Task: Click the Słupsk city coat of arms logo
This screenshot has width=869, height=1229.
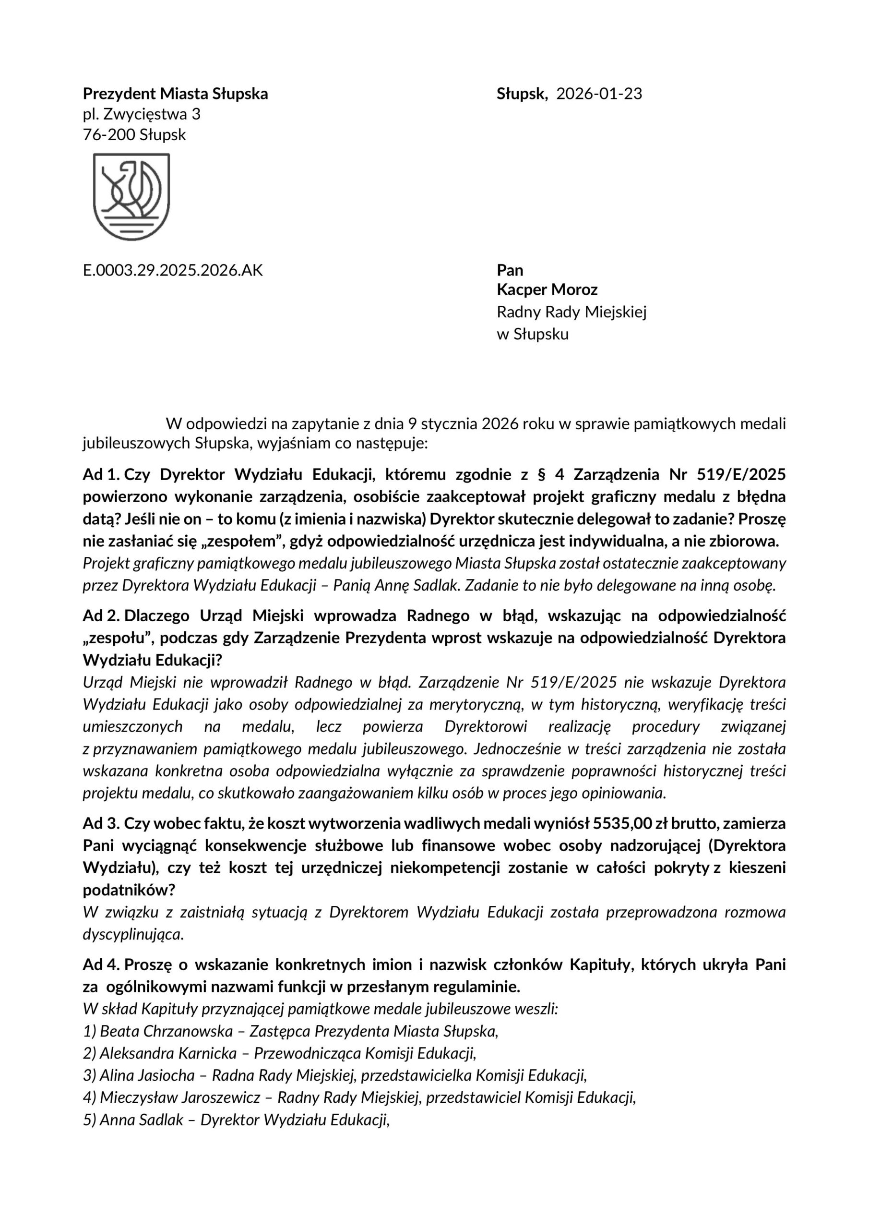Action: point(131,196)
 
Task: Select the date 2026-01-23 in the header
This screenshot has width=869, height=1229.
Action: point(599,94)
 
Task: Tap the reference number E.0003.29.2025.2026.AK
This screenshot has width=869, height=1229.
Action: point(173,270)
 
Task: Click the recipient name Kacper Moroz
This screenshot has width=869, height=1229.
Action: point(547,290)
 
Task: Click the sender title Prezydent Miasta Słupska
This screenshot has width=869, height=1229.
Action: point(175,94)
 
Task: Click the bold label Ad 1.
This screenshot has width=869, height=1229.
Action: point(102,475)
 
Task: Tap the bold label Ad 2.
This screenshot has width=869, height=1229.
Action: point(102,616)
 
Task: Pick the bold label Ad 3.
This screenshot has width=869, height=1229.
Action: point(102,823)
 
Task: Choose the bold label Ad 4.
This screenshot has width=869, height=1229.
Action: point(102,964)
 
